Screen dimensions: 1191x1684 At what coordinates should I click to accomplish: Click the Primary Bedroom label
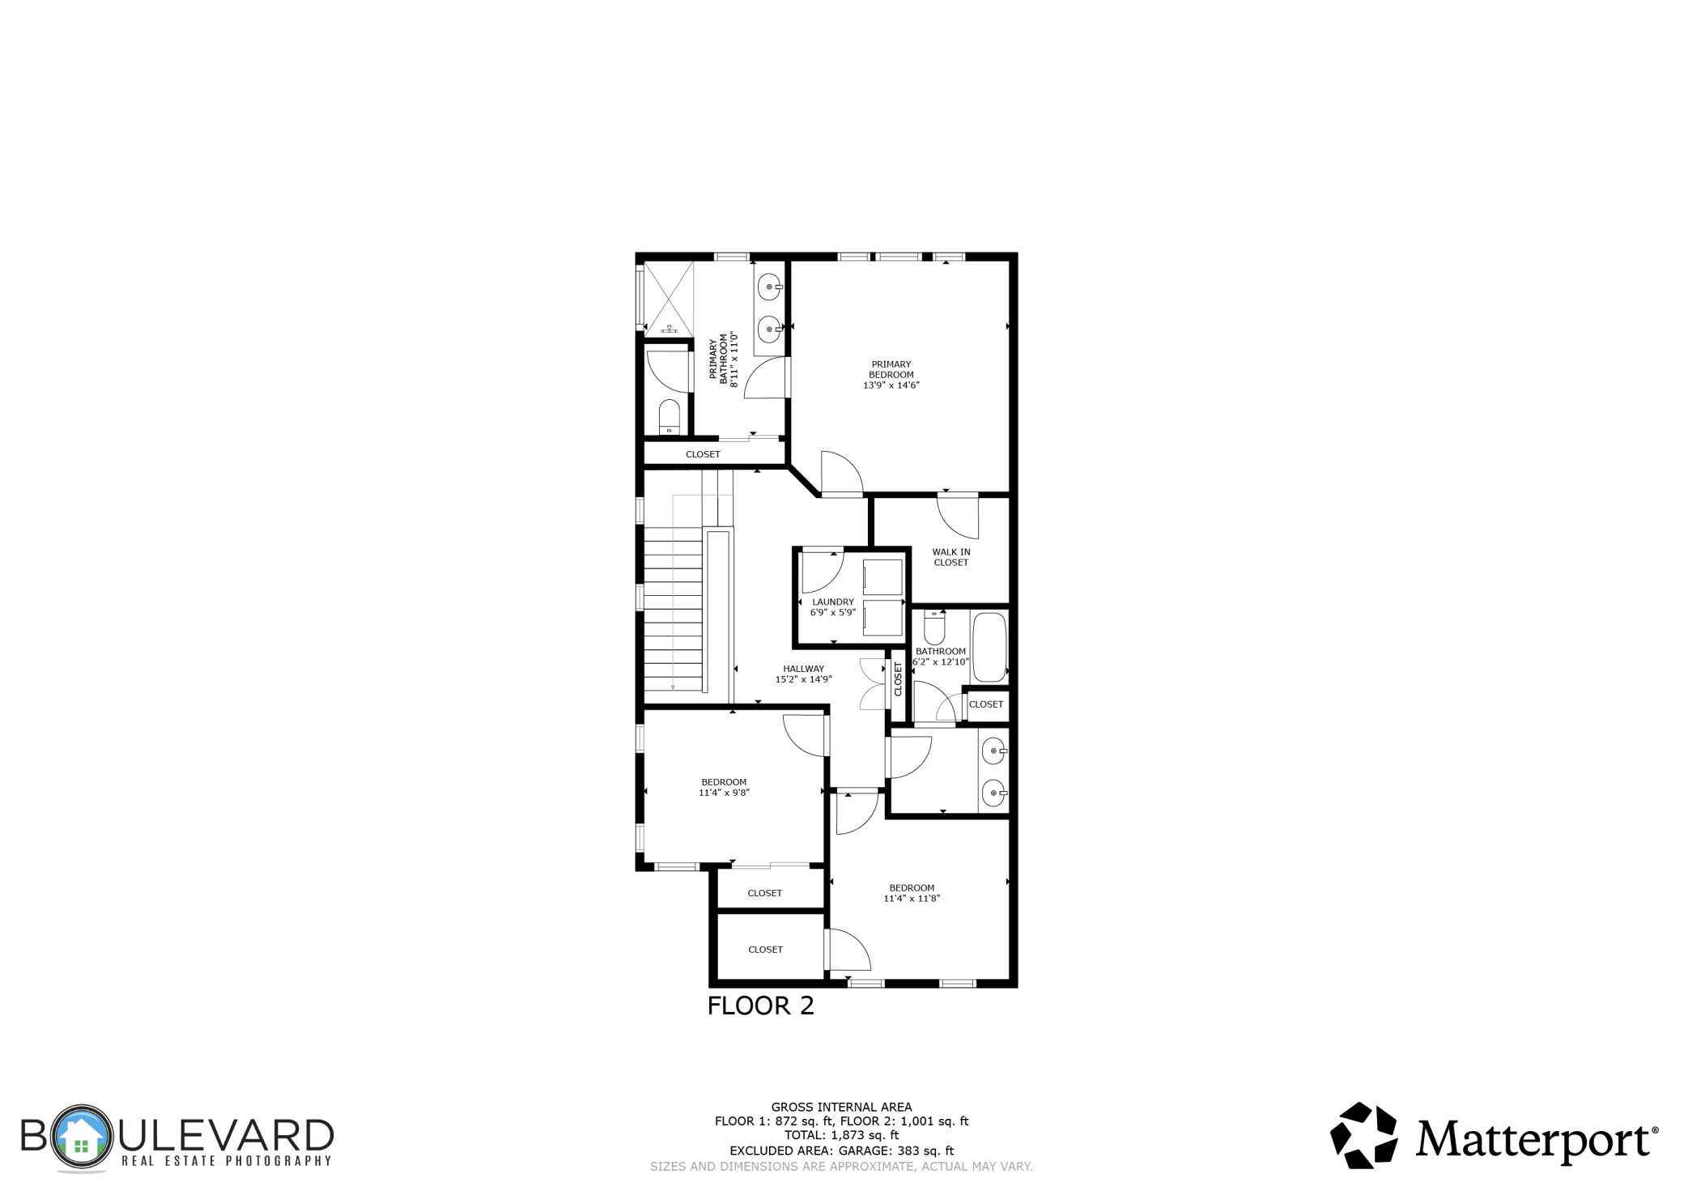891,375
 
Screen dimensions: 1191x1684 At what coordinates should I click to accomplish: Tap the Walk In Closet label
950,557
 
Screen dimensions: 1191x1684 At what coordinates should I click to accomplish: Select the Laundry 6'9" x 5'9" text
832,607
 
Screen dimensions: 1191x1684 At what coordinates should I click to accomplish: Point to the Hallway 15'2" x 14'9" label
803,674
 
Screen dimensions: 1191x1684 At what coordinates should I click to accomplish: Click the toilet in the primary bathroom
669,416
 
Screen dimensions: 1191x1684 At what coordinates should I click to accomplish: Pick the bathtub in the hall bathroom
989,647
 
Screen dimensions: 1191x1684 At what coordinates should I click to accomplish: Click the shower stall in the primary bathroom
669,298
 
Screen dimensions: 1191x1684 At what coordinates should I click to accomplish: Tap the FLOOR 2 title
760,1006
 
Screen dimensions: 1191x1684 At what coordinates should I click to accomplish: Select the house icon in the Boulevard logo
81,1137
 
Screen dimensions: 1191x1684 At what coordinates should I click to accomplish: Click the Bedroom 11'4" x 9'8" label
724,787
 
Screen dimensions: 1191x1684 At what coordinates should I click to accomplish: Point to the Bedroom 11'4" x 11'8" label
911,893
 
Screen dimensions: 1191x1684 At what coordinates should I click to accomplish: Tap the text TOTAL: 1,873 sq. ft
841,1135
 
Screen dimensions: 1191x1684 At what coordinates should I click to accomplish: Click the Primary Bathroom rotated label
724,359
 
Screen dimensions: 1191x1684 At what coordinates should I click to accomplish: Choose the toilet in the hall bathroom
934,627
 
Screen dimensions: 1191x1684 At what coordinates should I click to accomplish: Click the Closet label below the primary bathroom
702,454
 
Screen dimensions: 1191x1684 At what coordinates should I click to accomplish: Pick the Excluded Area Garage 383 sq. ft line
841,1151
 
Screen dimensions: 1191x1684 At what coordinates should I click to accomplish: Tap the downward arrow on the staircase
673,687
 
